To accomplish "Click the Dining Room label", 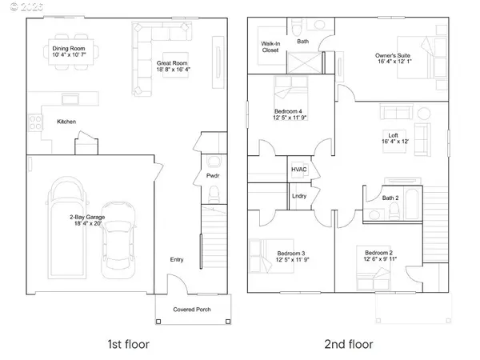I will pos(65,48).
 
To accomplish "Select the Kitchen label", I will pos(67,122).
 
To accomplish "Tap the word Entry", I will pos(177,259).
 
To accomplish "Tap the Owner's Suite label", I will pos(393,56).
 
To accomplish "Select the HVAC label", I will pos(299,170).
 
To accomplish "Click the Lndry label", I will pos(299,195).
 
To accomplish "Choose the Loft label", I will pos(393,136).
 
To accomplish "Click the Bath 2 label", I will pos(390,198).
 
